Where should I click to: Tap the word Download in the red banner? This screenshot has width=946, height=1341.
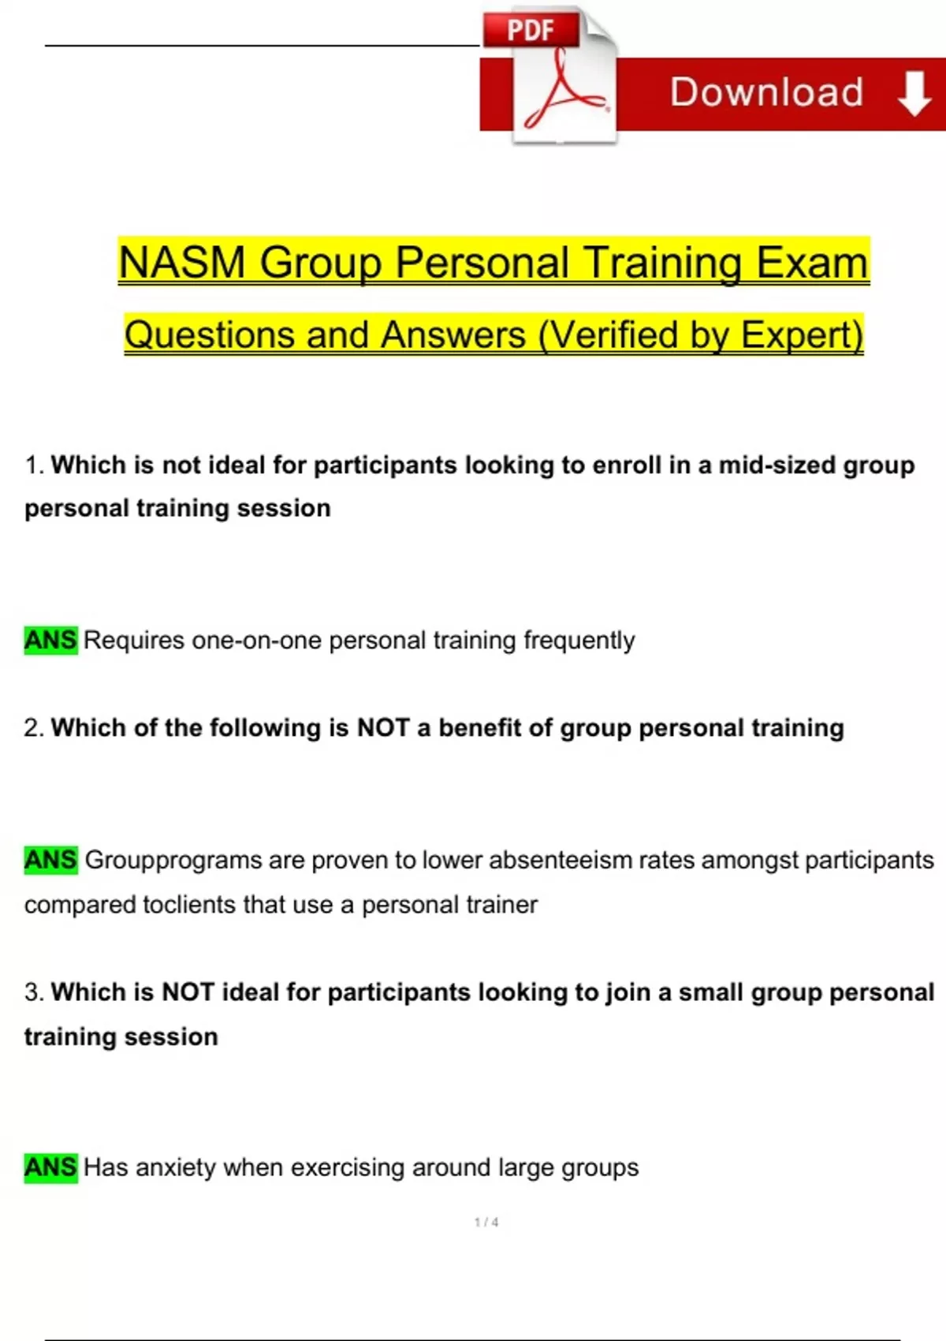pos(766,92)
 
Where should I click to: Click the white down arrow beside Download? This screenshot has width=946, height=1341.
pos(914,93)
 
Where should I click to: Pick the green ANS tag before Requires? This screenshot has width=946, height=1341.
pos(51,640)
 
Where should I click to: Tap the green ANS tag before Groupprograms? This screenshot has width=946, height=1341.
pos(51,861)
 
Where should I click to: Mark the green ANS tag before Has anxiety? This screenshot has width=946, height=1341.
pos(51,1167)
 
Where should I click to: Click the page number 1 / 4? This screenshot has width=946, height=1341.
pos(486,1223)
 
